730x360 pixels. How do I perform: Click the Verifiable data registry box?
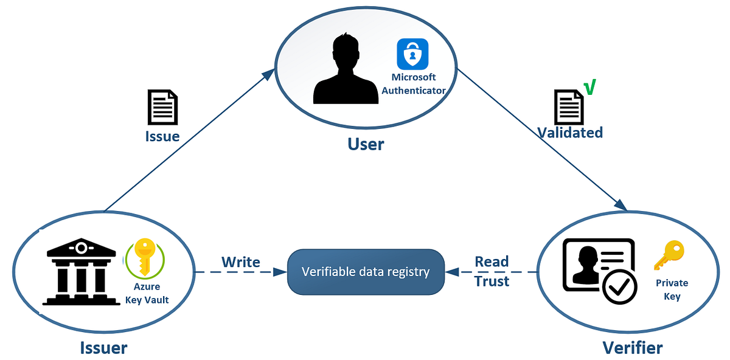tap(366, 272)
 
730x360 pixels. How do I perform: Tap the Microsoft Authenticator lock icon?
tap(413, 54)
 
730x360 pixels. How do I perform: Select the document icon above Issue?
tap(162, 108)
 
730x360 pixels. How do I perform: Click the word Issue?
tap(162, 136)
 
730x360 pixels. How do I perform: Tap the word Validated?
tap(570, 133)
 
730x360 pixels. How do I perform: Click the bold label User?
tap(366, 144)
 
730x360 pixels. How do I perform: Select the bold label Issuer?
tap(103, 347)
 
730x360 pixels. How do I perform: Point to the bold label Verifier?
tap(632, 347)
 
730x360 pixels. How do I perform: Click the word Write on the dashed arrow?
tap(240, 262)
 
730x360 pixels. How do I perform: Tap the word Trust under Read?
tap(492, 282)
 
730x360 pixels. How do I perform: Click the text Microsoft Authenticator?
tap(414, 84)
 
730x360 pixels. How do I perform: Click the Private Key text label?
tap(672, 289)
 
